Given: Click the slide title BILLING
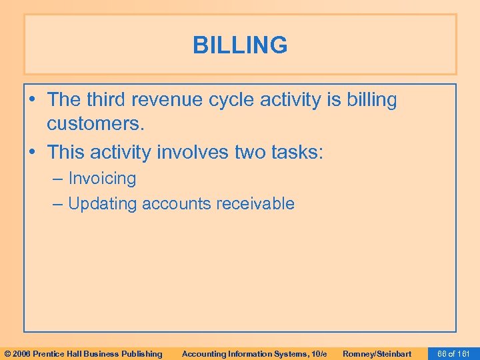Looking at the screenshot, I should pos(240,45).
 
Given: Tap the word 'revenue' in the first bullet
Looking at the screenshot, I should pos(171,100).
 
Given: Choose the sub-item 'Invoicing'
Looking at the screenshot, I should pos(102,179).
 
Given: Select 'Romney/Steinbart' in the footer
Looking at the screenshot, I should pos(377,353).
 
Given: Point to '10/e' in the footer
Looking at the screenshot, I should pos(319,353).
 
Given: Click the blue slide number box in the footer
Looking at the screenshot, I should pos(454,353).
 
